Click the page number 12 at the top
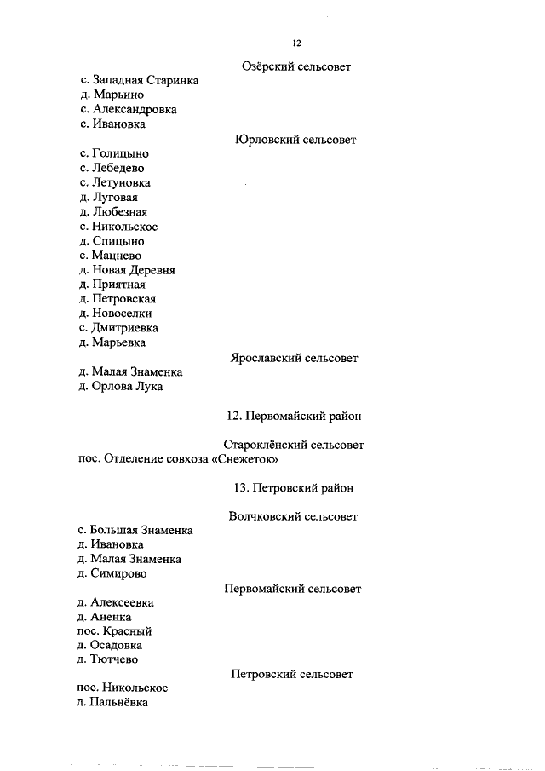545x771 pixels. (295, 43)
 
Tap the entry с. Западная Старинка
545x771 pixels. (140, 80)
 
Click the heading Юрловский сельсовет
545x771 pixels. (295, 139)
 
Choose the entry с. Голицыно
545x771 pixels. (114, 153)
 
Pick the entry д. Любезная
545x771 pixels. (112, 211)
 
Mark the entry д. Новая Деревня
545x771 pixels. (127, 270)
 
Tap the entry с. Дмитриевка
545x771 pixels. (119, 328)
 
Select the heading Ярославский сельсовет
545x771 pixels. (294, 358)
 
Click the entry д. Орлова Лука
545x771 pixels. (120, 387)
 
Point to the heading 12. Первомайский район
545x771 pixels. (294, 416)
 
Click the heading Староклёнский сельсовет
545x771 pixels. (294, 445)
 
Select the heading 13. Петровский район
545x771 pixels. (293, 488)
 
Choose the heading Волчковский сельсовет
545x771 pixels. (293, 516)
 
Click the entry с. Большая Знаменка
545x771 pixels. (135, 530)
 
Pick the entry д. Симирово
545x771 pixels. (112, 573)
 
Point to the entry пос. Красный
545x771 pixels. (114, 631)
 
